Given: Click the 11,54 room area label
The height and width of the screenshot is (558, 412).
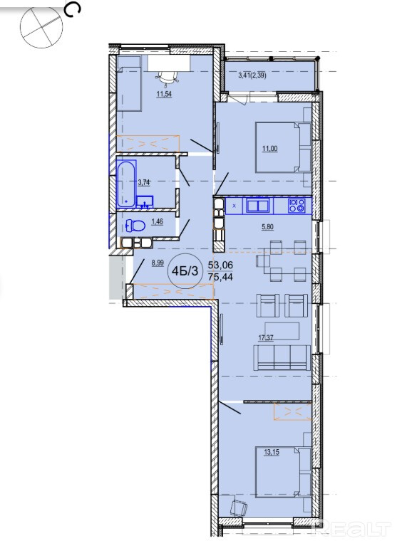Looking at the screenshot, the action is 164,94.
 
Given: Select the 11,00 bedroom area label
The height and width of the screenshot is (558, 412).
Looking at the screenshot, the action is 269,149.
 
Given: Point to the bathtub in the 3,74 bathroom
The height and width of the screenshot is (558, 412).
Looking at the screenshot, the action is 125,184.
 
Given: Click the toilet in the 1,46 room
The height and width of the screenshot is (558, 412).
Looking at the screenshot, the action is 135,226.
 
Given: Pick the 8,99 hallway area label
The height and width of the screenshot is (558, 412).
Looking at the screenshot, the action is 158,263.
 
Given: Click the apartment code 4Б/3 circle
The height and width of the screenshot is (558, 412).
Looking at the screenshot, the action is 185,271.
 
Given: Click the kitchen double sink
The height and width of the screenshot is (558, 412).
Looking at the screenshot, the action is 258,206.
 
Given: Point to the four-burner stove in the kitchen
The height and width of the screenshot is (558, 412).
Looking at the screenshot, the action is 297,206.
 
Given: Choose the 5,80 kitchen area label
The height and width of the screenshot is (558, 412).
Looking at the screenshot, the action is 268,226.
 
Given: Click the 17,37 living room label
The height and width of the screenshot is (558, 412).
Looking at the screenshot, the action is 265,337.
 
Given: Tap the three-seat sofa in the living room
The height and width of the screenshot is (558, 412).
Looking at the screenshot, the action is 282,357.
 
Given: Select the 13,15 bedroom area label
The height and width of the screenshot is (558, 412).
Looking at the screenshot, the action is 272,453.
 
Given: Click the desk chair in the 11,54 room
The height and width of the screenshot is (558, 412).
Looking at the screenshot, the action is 167,78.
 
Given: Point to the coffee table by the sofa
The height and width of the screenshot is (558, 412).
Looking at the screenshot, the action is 282,331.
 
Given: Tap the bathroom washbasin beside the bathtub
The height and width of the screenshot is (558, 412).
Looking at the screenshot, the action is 144,202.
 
